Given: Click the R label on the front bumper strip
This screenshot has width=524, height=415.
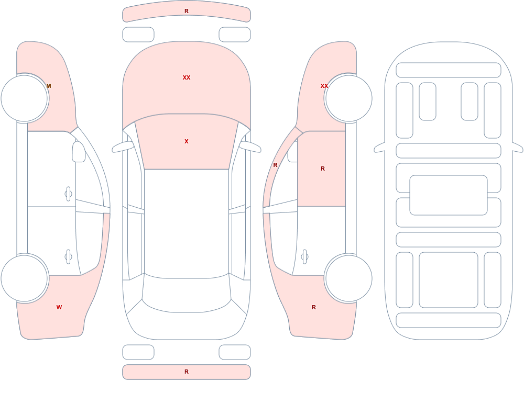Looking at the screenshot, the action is [187, 11].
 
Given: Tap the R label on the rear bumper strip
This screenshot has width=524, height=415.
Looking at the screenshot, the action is [187, 372].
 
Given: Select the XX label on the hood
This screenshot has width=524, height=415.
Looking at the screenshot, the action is [187, 77].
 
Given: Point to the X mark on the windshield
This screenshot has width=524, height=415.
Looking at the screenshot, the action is [187, 141].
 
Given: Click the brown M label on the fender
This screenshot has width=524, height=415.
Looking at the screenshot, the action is [49, 86].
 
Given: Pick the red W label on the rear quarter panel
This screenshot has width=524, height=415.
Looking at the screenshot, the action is [59, 307].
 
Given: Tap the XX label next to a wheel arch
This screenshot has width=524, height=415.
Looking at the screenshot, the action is [324, 86].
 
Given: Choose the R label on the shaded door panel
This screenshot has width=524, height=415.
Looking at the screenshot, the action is [322, 169].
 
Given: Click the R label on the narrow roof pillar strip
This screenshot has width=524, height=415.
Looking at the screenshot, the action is [276, 165].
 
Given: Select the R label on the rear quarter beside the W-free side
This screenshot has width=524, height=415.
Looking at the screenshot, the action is [314, 307].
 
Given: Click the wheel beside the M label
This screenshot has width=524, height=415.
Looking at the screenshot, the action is [25, 98].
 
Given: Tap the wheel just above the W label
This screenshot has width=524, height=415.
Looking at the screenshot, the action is [25, 278].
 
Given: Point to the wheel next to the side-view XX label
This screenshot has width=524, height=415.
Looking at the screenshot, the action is [348, 98].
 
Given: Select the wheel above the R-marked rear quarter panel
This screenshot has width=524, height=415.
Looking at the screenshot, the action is [348, 278].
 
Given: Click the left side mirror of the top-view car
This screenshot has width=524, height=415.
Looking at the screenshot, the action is [122, 147].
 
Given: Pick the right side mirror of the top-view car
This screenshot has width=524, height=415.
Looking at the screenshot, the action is [250, 147].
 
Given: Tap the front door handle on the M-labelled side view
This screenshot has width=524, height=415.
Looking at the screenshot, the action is [68, 194].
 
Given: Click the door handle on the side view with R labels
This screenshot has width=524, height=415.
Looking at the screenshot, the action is [304, 257].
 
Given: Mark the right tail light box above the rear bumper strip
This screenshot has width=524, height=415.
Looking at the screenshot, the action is [235, 352].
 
